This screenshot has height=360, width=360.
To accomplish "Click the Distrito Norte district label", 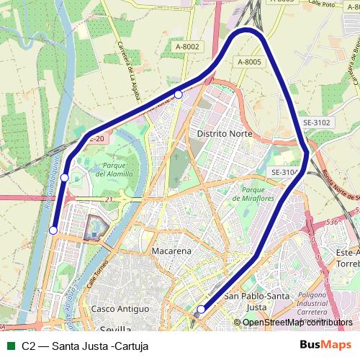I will [x=222, y=134].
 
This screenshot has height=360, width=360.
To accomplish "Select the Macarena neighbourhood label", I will [x=171, y=251].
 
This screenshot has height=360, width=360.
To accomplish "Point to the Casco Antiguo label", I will [x=120, y=308].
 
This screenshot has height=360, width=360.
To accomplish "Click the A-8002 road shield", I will [x=187, y=47].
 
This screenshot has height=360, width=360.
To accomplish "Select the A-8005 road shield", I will [x=249, y=62].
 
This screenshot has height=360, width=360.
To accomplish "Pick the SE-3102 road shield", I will [x=316, y=123].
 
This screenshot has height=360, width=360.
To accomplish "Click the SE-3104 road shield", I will [x=284, y=172].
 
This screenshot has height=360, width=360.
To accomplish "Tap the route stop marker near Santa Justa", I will [x=201, y=310].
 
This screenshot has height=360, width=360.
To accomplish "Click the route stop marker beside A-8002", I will [x=179, y=94].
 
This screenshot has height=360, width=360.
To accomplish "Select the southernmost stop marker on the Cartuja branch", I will [x=53, y=230].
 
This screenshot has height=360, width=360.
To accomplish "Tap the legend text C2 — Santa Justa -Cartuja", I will [x=85, y=346].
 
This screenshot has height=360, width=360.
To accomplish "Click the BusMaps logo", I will [x=325, y=345].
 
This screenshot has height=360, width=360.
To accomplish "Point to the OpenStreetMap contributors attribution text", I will [x=298, y=322].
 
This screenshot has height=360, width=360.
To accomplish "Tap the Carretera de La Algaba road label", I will [x=128, y=71].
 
